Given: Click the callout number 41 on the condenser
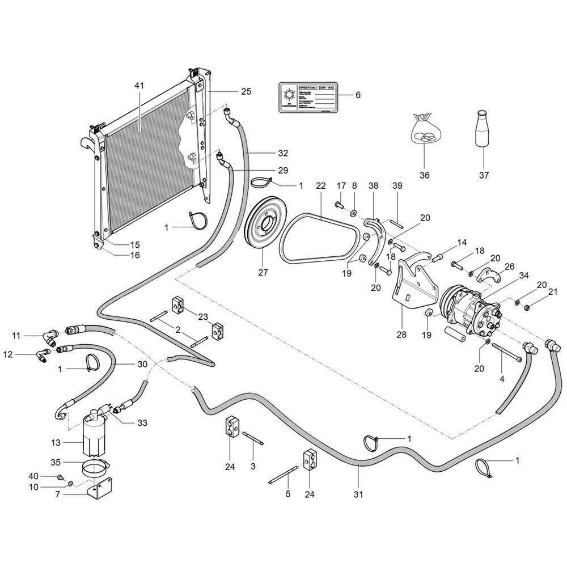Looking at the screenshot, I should (x=139, y=85).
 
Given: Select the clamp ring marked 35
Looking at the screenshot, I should (x=94, y=467).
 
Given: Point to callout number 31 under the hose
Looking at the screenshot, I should (x=358, y=494).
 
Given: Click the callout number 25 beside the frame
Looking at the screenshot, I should (x=246, y=91).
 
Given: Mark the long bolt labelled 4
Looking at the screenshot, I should (x=508, y=354).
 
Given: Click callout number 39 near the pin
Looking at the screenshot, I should (x=396, y=186).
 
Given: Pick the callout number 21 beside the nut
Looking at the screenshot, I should (x=553, y=293).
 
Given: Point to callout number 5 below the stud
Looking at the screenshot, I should (x=287, y=494).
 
